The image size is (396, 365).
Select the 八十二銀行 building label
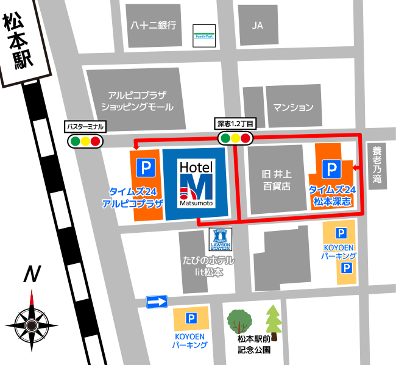[154, 26]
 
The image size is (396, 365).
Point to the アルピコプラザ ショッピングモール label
[136, 101]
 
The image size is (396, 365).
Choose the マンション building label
[293, 107]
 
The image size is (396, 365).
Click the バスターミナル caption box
[85, 127]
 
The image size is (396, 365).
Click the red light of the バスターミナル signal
[95, 142]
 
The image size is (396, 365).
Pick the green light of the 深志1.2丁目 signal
[225, 138]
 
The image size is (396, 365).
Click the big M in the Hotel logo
[196, 185]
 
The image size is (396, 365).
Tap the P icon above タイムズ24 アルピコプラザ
[144, 166]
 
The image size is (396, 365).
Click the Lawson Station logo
[221, 240]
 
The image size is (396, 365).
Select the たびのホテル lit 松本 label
[207, 266]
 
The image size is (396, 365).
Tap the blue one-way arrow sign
[157, 301]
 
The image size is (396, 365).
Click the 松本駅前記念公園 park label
[255, 346]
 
